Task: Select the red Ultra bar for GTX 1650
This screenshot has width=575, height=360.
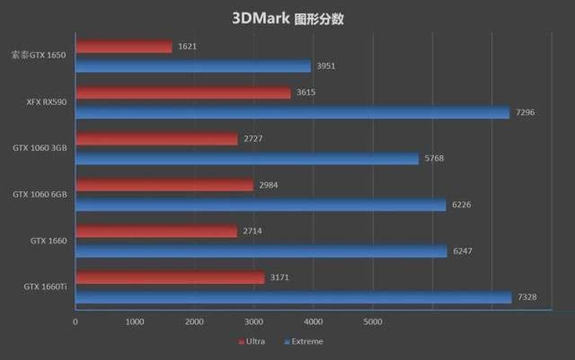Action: click(124, 46)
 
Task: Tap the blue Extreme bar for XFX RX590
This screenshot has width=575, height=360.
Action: click(293, 112)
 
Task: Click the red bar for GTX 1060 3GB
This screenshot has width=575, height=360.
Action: click(157, 139)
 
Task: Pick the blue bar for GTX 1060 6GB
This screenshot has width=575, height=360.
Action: click(261, 205)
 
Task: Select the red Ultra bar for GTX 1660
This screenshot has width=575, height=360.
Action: click(156, 232)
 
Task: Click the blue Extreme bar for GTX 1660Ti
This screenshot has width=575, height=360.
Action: click(294, 297)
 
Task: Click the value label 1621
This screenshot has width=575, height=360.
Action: click(187, 46)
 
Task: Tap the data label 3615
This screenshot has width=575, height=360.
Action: click(305, 92)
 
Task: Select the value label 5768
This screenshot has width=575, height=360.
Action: click(434, 159)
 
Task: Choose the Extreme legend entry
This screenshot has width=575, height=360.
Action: click(303, 341)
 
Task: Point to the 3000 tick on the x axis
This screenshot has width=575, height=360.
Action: click(253, 320)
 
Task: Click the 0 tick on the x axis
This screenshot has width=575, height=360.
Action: click(75, 320)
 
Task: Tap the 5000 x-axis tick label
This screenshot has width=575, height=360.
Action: click(372, 320)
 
